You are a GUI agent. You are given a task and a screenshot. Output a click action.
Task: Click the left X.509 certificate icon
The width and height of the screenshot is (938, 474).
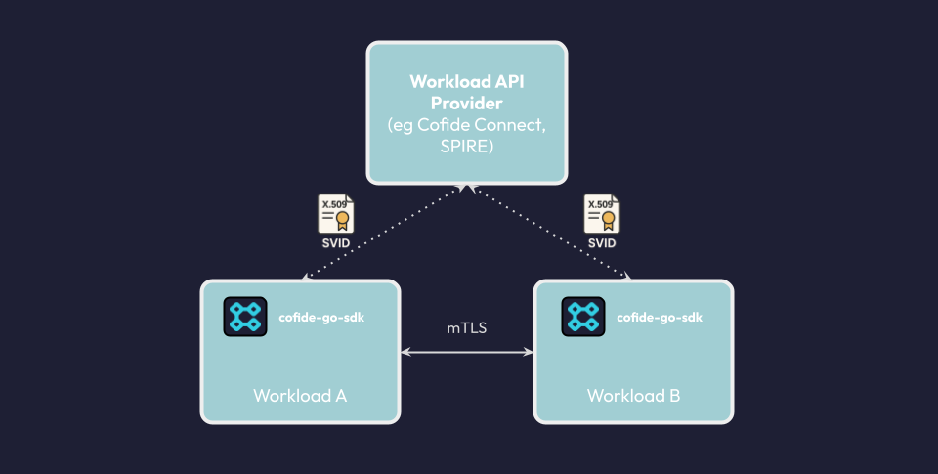click(x=335, y=214)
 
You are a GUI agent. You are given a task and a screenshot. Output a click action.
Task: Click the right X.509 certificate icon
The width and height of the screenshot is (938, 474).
click(x=601, y=214)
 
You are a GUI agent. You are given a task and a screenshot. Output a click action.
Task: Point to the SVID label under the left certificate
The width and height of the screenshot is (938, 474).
click(x=335, y=242)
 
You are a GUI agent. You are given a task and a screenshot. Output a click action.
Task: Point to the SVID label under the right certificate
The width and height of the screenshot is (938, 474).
click(x=601, y=242)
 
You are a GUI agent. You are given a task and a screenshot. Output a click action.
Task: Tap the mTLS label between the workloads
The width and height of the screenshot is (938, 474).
click(x=467, y=328)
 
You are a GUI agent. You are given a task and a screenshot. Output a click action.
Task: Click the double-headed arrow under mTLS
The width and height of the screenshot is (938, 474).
click(x=467, y=351)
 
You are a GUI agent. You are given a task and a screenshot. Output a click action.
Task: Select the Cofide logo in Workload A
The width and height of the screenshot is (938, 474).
click(x=244, y=317)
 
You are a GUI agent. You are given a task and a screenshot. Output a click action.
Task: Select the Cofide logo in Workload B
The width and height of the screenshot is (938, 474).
click(x=582, y=317)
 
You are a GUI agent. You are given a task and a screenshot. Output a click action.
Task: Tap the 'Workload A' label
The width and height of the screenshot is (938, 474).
click(x=300, y=396)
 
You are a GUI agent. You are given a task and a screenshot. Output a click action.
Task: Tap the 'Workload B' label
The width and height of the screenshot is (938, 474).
click(x=634, y=396)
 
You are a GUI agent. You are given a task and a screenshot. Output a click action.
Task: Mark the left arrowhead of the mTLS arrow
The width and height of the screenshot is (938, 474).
click(x=405, y=351)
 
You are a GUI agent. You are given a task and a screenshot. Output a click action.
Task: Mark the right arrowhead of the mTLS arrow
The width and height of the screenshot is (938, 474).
click(x=529, y=351)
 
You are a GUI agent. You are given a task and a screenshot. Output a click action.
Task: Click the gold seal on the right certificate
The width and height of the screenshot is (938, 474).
click(x=608, y=220)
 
